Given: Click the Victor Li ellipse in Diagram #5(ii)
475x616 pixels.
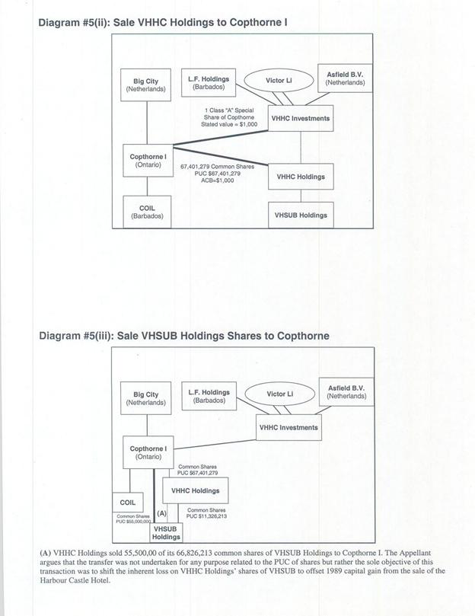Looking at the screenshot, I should pyautogui.click(x=279, y=80).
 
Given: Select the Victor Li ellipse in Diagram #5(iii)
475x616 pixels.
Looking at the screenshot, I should pyautogui.click(x=279, y=394).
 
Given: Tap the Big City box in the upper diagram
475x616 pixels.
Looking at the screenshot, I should pyautogui.click(x=145, y=85).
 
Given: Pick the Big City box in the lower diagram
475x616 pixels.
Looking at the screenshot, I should pyautogui.click(x=145, y=398).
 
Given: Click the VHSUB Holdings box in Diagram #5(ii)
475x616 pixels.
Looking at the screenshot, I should pyautogui.click(x=301, y=215).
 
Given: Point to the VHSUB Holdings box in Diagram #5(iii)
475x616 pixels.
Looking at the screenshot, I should pyautogui.click(x=167, y=533).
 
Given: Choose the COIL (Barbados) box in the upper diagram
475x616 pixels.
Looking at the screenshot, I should pyautogui.click(x=146, y=212).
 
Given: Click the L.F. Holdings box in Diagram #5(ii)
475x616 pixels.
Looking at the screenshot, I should pyautogui.click(x=209, y=82).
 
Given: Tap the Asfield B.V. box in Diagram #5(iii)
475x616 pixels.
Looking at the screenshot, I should pyautogui.click(x=346, y=392).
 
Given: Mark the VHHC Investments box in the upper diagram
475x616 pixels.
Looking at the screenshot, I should pyautogui.click(x=301, y=119).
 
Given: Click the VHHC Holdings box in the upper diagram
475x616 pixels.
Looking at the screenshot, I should pyautogui.click(x=301, y=177).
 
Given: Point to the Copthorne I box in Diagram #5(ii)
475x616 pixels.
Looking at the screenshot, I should pyautogui.click(x=148, y=161).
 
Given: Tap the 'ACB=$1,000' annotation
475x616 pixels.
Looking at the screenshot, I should pyautogui.click(x=218, y=180).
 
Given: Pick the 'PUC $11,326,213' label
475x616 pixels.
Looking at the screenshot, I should pyautogui.click(x=206, y=516).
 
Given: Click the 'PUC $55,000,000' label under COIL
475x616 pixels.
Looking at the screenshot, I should pyautogui.click(x=132, y=522).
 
